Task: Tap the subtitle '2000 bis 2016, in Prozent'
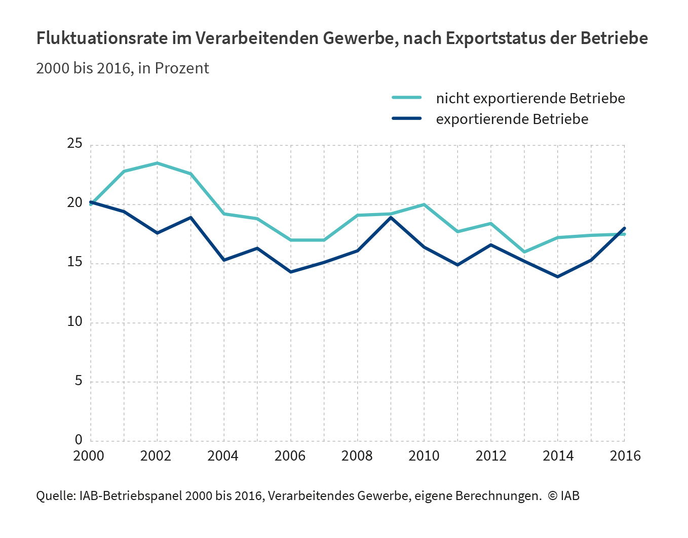pos(123,68)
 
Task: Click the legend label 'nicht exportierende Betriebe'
pos(530,98)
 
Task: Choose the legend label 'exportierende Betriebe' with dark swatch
pos(512,119)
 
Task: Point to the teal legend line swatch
pos(406,98)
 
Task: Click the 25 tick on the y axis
pos(75,144)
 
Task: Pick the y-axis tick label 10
pos(75,322)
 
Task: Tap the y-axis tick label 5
pos(79,381)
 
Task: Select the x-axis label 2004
pos(223,456)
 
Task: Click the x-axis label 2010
pos(424,456)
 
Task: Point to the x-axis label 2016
pos(625,456)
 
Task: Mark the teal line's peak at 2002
pos(158,163)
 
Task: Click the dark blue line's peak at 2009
pos(391,217)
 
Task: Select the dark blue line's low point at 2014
pos(558,277)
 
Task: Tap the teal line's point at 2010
pos(424,204)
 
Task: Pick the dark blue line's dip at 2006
pos(291,272)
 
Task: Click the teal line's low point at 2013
pos(524,252)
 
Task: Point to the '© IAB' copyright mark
pos(563,496)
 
